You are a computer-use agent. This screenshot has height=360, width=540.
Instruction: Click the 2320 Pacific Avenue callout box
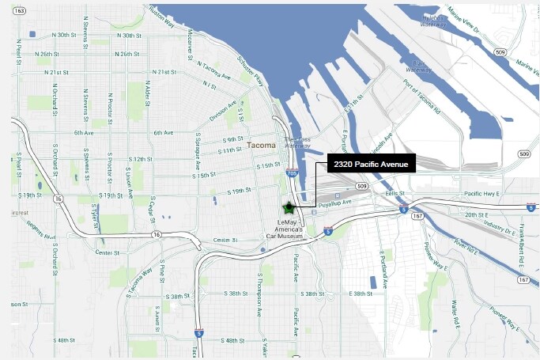(x=370, y=163)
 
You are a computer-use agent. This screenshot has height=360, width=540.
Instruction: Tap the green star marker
(x=289, y=209)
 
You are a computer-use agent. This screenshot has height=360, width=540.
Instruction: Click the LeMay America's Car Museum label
(x=285, y=229)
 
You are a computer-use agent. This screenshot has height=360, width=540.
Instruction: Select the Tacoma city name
(x=261, y=146)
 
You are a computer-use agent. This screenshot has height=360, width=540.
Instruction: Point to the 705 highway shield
(x=293, y=173)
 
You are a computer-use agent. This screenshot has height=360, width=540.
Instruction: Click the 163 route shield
(x=19, y=11)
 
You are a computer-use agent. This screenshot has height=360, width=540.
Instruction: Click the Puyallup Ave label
(x=335, y=203)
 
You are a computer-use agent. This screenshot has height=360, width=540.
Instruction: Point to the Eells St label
(x=395, y=194)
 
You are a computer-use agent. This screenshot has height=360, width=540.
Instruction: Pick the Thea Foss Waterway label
(x=297, y=142)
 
